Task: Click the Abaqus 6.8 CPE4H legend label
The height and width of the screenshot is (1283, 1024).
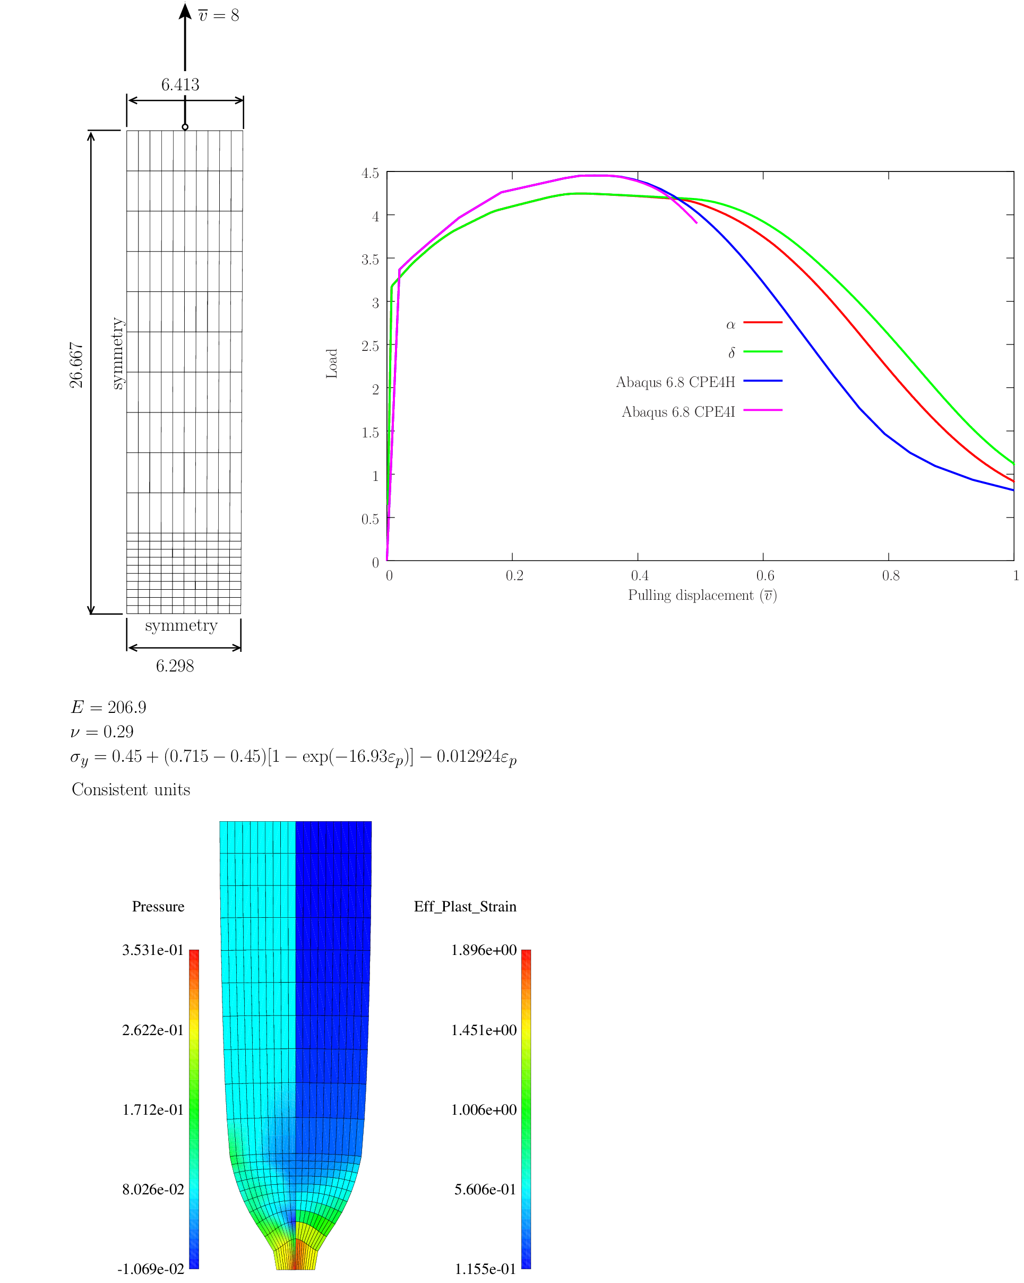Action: click(x=675, y=382)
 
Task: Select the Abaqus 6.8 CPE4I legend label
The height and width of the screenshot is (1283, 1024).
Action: click(x=678, y=412)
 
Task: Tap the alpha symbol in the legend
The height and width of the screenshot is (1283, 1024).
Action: click(x=730, y=325)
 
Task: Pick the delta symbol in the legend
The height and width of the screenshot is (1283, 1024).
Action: click(x=732, y=353)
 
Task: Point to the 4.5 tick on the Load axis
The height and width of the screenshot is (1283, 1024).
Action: click(x=370, y=173)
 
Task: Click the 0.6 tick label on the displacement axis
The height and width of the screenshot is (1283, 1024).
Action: click(x=765, y=575)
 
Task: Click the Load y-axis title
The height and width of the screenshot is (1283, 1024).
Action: click(x=332, y=364)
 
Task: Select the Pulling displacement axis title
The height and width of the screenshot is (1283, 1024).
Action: click(x=702, y=596)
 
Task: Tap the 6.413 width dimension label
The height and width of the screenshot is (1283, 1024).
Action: click(x=180, y=85)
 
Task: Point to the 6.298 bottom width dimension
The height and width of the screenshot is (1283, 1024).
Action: click(x=175, y=666)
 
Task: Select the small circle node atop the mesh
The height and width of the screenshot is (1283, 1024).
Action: click(x=185, y=127)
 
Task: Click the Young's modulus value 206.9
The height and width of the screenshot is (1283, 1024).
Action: click(x=127, y=707)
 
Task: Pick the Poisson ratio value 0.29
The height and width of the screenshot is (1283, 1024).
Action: click(x=118, y=731)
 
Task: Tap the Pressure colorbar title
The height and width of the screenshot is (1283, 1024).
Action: click(x=158, y=906)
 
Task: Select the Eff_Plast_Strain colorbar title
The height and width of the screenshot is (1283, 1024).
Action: click(x=464, y=906)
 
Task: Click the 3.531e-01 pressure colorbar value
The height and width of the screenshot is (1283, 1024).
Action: click(x=153, y=950)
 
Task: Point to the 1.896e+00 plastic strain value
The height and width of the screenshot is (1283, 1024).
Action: click(x=483, y=950)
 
